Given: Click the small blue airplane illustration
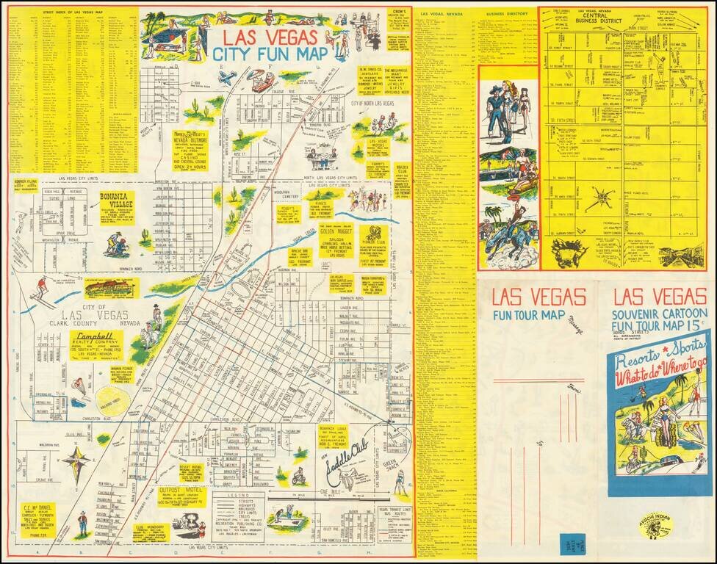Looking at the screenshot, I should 227,77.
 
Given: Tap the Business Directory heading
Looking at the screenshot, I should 507,12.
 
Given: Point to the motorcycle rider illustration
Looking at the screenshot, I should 298,477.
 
